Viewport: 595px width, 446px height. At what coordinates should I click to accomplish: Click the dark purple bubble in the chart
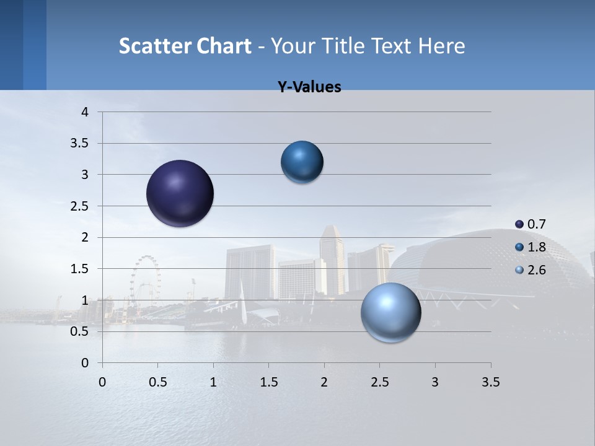[x=180, y=193]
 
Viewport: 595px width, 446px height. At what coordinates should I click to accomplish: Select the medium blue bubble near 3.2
[x=302, y=162]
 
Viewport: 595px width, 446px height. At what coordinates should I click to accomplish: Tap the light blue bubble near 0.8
[x=390, y=312]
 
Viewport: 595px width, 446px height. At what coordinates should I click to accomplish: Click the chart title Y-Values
[x=309, y=87]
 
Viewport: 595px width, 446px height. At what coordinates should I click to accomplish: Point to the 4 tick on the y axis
[x=85, y=112]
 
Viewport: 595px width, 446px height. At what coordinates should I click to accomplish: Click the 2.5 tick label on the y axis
[x=79, y=206]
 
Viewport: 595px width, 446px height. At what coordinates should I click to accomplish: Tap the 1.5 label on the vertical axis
[x=79, y=269]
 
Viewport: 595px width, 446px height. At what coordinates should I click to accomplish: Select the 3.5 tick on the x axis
[x=490, y=382]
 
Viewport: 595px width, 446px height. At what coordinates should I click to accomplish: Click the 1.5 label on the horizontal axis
[x=268, y=382]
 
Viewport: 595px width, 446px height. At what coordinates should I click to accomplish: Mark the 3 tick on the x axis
[x=435, y=382]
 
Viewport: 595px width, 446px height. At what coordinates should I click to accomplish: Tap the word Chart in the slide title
[x=224, y=46]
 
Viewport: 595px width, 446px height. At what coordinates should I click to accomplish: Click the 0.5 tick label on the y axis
[x=79, y=331]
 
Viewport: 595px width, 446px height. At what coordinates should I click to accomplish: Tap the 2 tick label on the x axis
[x=324, y=382]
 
